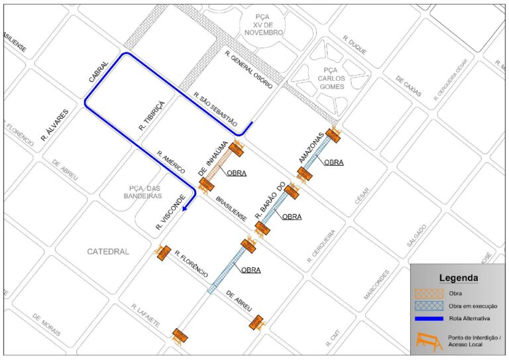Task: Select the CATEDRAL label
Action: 108,251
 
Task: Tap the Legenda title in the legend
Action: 459,278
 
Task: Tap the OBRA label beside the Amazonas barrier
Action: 333,162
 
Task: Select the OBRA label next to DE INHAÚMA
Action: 237,174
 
